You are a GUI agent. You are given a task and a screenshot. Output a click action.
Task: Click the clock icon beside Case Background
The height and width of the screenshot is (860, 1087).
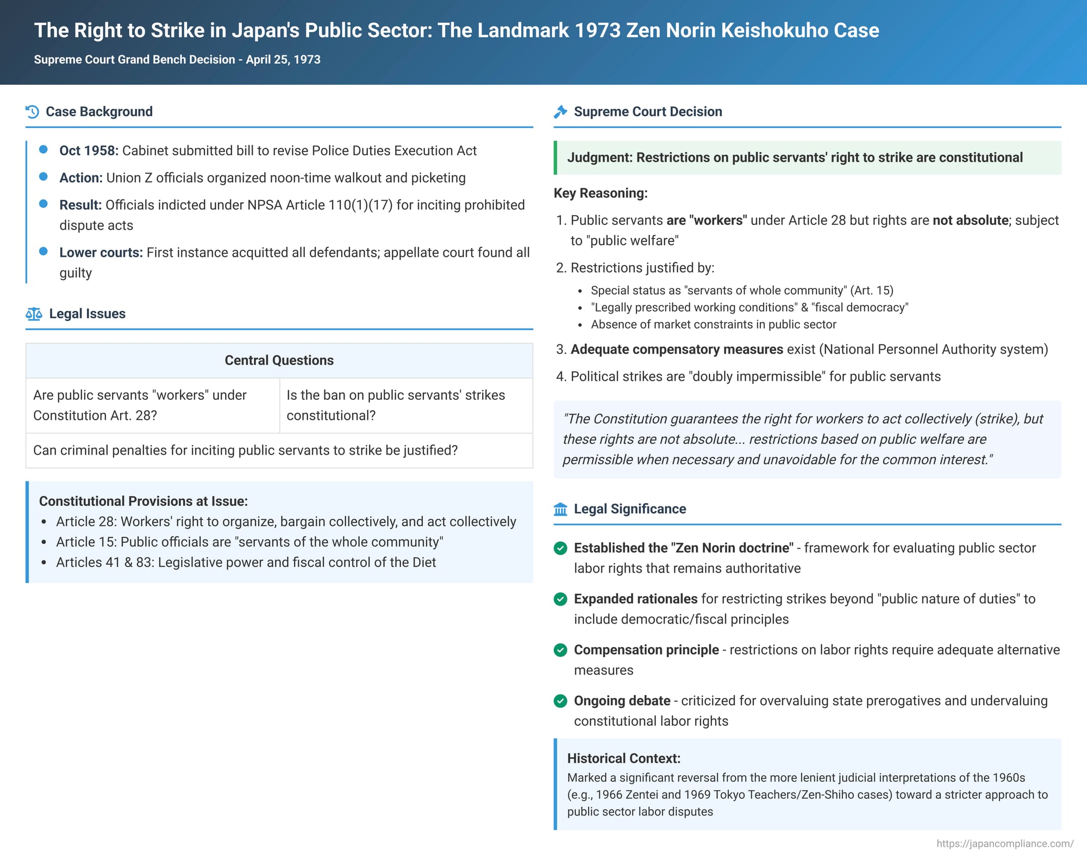[x=32, y=112]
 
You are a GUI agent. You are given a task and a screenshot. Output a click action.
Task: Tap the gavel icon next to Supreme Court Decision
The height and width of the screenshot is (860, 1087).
[x=560, y=112]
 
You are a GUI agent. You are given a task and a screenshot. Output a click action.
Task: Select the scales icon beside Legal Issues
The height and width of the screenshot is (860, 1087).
[x=34, y=314]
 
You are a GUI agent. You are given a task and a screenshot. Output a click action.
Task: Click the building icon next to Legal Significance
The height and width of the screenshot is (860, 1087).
[x=560, y=509]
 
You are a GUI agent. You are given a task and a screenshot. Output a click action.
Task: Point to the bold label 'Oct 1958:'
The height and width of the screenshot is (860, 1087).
[x=89, y=150]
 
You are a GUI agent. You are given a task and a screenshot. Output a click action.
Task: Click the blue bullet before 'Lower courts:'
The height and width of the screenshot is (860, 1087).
[x=43, y=252]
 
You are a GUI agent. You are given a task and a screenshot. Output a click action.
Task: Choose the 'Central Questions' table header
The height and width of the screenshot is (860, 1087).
[x=279, y=360]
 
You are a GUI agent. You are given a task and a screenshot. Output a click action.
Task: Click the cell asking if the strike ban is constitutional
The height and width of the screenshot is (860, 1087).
[x=406, y=405]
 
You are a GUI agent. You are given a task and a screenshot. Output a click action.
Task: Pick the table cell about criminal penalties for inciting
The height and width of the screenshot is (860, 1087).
[x=245, y=450]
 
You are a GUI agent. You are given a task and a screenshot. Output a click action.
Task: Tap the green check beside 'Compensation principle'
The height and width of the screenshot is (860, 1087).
[x=560, y=650]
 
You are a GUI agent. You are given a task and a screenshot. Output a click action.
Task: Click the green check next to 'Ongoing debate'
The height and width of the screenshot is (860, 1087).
[x=560, y=701]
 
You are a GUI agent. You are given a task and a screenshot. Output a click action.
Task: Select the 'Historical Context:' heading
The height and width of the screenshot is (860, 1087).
[x=623, y=758]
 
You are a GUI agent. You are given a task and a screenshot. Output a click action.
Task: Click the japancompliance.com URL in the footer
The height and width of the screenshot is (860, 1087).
[x=1004, y=844]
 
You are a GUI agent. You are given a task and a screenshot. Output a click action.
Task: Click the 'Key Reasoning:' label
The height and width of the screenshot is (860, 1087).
[x=601, y=193]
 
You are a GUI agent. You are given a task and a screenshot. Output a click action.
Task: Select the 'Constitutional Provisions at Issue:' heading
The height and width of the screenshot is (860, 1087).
[x=143, y=501]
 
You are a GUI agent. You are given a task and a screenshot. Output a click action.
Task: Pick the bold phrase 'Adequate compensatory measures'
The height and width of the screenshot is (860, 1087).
[x=677, y=349]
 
